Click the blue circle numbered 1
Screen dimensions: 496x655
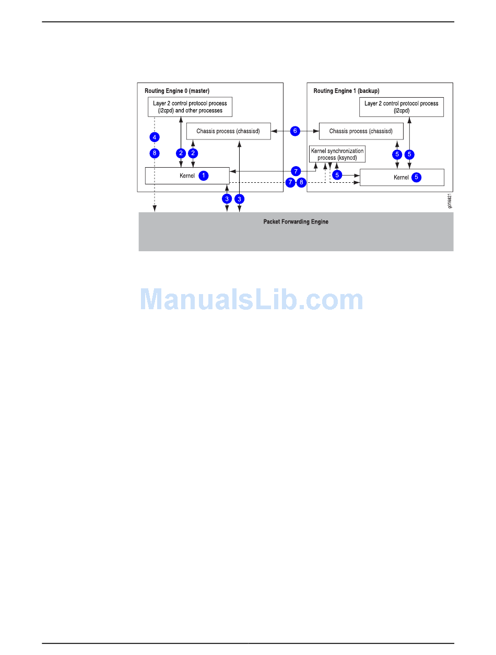pyautogui.click(x=204, y=176)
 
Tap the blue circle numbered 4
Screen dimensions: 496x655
pyautogui.click(x=154, y=137)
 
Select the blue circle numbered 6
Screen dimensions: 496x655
pyautogui.click(x=295, y=131)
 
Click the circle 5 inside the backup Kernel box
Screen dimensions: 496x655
pyautogui.click(x=416, y=177)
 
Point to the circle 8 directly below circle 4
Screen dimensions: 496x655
pyautogui.click(x=154, y=153)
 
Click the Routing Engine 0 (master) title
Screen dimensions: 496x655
pyautogui.click(x=177, y=91)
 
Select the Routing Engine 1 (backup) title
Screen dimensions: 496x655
pyautogui.click(x=346, y=91)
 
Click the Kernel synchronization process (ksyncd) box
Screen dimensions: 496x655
pyautogui.click(x=337, y=154)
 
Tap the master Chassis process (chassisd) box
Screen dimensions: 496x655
pyautogui.click(x=228, y=131)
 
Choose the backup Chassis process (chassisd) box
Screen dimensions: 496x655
pyautogui.click(x=361, y=131)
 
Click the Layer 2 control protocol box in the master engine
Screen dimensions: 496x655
pyautogui.click(x=190, y=107)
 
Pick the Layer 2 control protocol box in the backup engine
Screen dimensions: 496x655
pyautogui.click(x=401, y=107)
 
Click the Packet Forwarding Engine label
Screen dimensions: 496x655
pyautogui.click(x=296, y=222)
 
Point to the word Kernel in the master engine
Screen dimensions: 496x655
pyautogui.click(x=187, y=176)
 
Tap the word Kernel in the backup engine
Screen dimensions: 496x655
pyautogui.click(x=401, y=178)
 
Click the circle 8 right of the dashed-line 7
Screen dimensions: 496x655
pyautogui.click(x=301, y=182)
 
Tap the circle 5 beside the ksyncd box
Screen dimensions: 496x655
pyautogui.click(x=337, y=175)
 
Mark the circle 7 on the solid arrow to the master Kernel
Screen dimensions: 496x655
pyautogui.click(x=296, y=171)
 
